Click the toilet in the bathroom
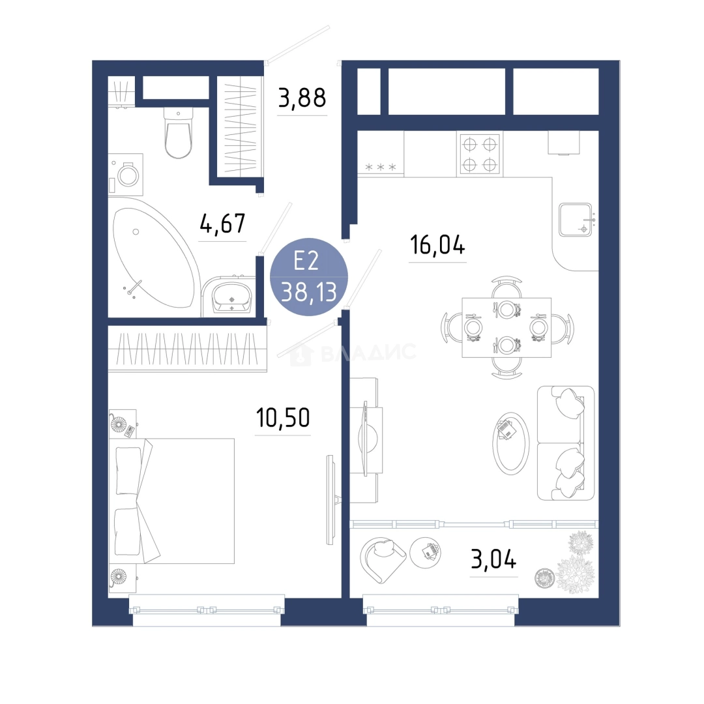178,133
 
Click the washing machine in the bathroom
126,175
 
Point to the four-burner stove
480,154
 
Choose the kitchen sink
576,220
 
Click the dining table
506,327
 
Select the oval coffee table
511,442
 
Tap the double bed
172,501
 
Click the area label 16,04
438,245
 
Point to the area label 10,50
283,418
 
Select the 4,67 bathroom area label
223,224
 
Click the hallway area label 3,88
302,98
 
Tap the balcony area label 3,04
493,559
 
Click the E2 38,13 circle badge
309,276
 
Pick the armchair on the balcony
383,560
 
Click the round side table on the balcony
425,553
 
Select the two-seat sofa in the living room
566,443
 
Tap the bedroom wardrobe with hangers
187,349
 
